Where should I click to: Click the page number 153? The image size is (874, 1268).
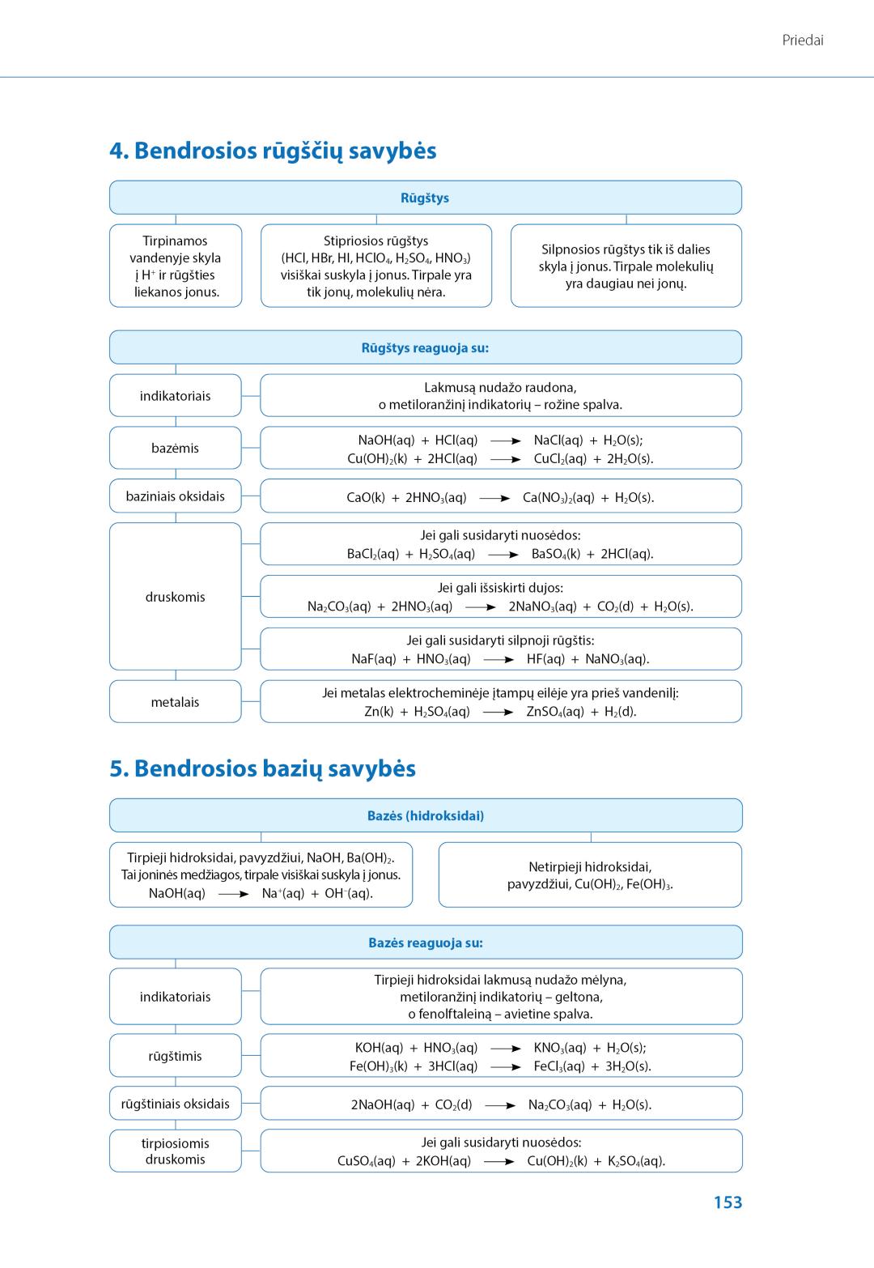[728, 1202]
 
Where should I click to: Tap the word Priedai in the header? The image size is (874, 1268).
[803, 40]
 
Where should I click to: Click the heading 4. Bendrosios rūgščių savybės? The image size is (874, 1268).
[273, 151]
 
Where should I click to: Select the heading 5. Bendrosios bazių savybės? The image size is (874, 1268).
[262, 768]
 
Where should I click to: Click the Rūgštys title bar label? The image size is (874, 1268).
[425, 198]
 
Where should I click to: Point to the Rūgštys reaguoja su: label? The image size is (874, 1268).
[425, 348]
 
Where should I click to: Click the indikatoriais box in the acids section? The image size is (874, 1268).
[175, 396]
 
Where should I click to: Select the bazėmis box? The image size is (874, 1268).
[175, 448]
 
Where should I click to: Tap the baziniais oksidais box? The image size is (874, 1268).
[175, 496]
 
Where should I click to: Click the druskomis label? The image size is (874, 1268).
[175, 597]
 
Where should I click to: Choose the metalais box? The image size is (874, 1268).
[175, 702]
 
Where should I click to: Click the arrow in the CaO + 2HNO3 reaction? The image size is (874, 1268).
[494, 498]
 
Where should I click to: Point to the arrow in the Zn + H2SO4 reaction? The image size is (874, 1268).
[498, 713]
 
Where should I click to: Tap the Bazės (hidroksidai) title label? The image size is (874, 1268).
[426, 815]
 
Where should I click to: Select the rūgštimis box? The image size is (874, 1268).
[175, 1056]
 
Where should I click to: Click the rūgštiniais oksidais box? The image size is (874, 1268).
[175, 1104]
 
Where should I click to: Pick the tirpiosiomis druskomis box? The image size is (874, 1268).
[175, 1151]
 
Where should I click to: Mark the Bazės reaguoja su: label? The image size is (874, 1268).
[426, 942]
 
